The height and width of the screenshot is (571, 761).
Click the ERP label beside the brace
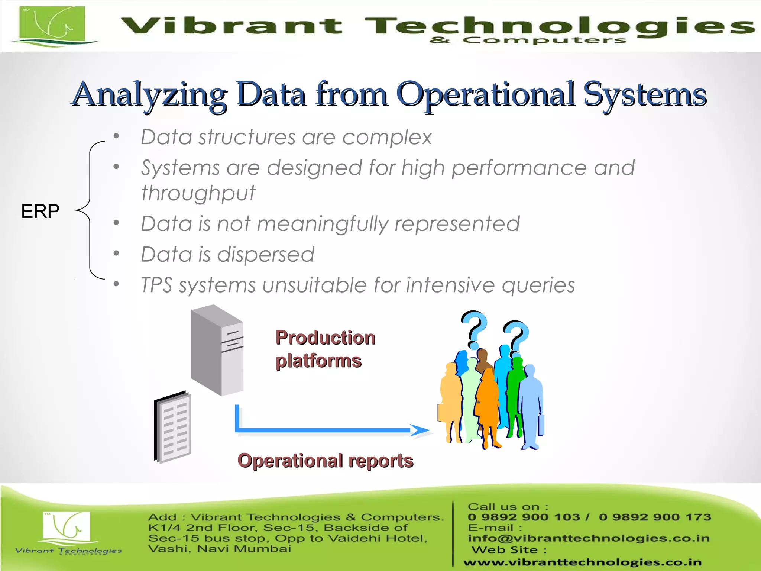40,211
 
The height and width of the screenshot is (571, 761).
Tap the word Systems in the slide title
644,95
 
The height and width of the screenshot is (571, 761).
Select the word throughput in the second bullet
198,193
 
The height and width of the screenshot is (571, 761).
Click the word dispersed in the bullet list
265,255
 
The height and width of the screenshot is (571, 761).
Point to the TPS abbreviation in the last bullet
156,285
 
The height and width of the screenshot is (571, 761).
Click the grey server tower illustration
217,349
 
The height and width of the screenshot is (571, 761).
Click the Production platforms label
325,349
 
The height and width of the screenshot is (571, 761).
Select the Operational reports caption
325,461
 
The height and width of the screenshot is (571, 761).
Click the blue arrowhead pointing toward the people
420,430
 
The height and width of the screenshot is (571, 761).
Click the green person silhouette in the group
515,390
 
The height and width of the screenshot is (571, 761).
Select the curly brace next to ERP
89,210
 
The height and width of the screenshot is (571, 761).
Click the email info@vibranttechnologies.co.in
589,538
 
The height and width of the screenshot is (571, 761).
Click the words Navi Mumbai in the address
244,549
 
